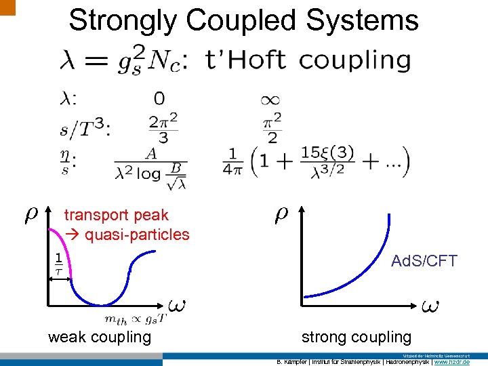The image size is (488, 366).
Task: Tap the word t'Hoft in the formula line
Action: coord(244,60)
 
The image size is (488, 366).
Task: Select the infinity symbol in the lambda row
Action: coord(269,100)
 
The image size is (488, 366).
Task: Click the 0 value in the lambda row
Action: coord(159,99)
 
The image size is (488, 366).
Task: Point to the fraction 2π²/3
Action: coord(163,128)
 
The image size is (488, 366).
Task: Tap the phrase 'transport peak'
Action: coord(116,216)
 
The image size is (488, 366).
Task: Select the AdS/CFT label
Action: coord(424,261)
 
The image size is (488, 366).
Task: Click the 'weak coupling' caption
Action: coord(100,337)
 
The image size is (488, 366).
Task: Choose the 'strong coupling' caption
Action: coord(357,337)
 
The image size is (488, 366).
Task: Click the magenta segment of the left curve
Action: coord(58,251)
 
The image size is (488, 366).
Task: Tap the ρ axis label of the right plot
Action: coord(281,214)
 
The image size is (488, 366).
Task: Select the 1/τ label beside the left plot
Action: coord(58,263)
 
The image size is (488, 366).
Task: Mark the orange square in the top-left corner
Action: coord(7,6)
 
